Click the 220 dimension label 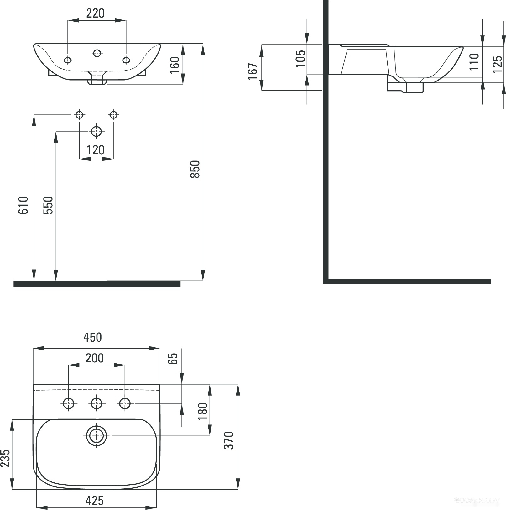pos(95,13)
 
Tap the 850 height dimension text pos(195,169)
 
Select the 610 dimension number pos(23,205)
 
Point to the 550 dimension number pos(48,205)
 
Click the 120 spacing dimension pos(95,150)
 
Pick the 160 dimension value pos(175,65)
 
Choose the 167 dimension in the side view pos(253,71)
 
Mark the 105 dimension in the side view pos(300,59)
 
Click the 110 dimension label pos(474,61)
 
